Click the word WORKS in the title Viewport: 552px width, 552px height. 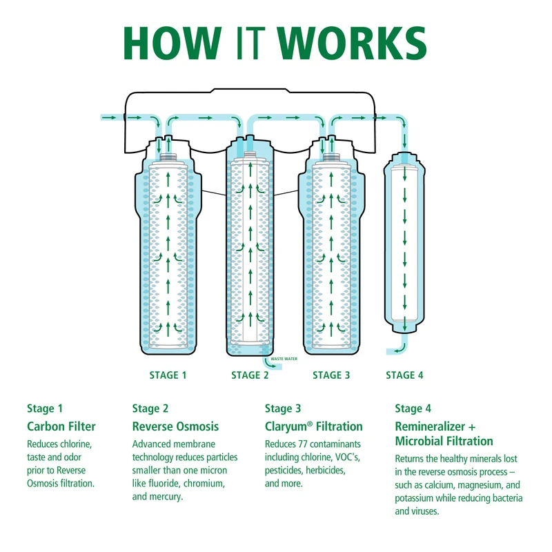pyautogui.click(x=351, y=43)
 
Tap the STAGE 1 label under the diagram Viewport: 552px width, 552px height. pyautogui.click(x=168, y=375)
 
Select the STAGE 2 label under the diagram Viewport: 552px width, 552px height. pyautogui.click(x=250, y=375)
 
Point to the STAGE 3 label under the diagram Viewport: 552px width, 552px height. pyautogui.click(x=331, y=375)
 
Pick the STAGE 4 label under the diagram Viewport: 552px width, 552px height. pyautogui.click(x=404, y=375)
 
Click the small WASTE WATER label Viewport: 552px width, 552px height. pyautogui.click(x=284, y=359)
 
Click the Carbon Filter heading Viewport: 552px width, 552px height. pyautogui.click(x=61, y=426)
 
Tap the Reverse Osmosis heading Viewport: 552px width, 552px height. pyautogui.click(x=175, y=426)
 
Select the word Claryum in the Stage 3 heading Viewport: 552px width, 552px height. pyautogui.click(x=286, y=427)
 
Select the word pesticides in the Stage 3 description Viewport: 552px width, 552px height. pyautogui.click(x=284, y=471)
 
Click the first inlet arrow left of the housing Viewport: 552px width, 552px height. pyautogui.click(x=109, y=117)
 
